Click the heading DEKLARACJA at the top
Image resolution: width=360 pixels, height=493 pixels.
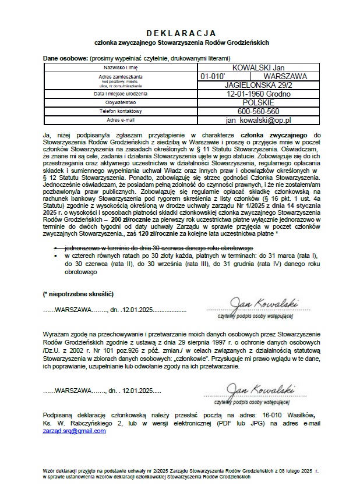point(180,33)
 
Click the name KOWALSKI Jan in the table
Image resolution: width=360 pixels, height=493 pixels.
point(259,68)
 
